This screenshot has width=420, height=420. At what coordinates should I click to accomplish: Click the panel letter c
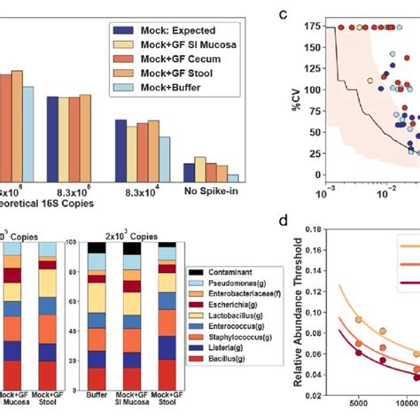284,14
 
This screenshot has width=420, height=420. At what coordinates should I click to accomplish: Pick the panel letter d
284,219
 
